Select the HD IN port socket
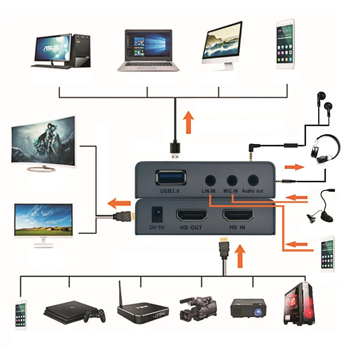click(238, 215)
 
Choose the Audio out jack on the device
click(252, 180)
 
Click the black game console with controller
click(74, 310)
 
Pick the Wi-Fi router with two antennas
click(142, 306)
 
